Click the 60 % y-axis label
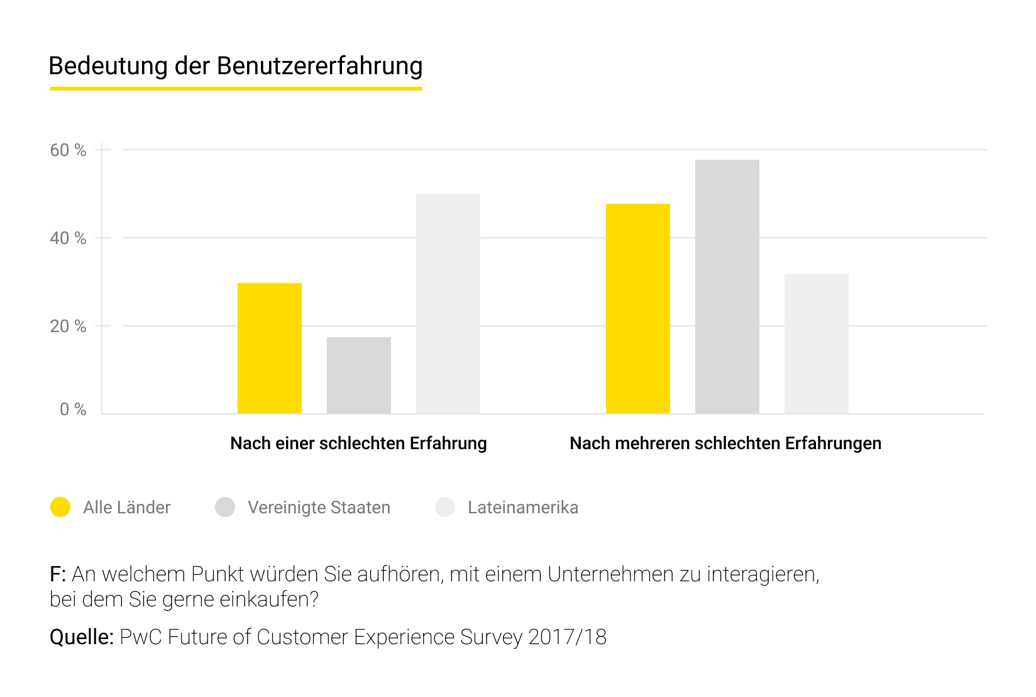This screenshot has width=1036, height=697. [x=68, y=150]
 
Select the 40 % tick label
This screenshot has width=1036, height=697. [x=68, y=238]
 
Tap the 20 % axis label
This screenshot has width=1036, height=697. [x=68, y=326]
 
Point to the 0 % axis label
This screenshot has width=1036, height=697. [x=73, y=410]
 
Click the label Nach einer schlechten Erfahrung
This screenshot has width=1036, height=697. [x=358, y=443]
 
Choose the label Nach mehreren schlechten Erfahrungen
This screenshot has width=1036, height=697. [x=725, y=443]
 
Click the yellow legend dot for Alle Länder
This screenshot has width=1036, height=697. [x=60, y=507]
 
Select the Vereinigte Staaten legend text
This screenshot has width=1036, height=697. [x=319, y=508]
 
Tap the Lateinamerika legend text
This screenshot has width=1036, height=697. [x=522, y=508]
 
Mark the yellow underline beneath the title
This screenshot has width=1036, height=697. [x=236, y=89]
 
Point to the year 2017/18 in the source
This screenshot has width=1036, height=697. [x=567, y=637]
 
